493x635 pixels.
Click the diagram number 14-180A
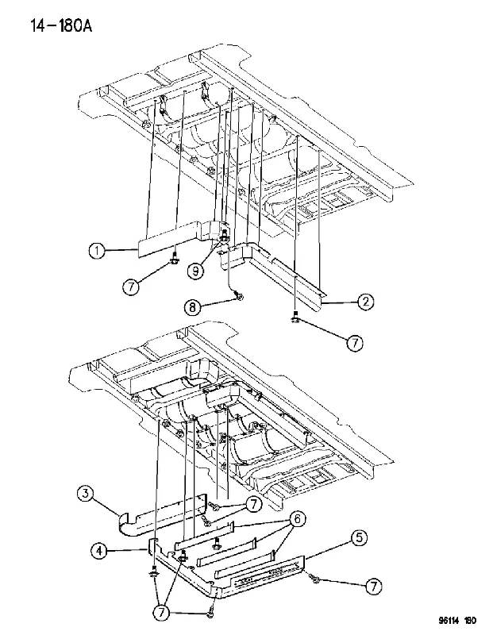[x=61, y=26]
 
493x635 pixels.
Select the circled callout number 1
[x=97, y=251]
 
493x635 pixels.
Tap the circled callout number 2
[x=365, y=302]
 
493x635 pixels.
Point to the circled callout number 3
[x=86, y=494]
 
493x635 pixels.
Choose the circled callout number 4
[x=99, y=551]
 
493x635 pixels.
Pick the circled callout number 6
[x=297, y=519]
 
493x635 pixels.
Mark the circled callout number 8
[x=192, y=307]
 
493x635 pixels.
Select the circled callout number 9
[x=195, y=271]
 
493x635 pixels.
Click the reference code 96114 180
[x=457, y=621]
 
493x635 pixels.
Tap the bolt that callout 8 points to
[x=241, y=297]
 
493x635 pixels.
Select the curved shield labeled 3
[x=162, y=517]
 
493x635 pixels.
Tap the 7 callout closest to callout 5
[x=373, y=586]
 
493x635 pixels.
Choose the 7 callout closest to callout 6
[x=253, y=504]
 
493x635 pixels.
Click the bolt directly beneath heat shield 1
[x=175, y=260]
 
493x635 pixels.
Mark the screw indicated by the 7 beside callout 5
[x=313, y=579]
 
